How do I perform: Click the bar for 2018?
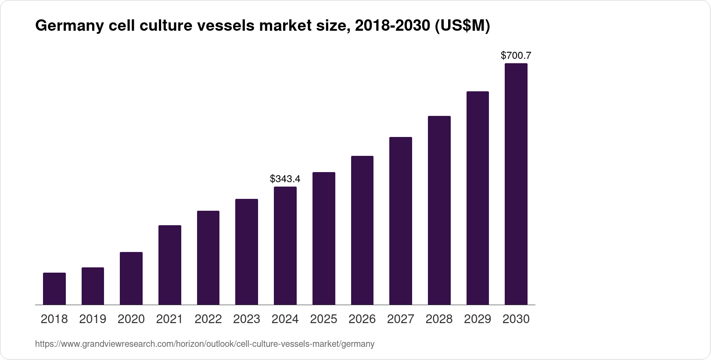coord(54,288)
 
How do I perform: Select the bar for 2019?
coord(93,286)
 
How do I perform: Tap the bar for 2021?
coord(169,265)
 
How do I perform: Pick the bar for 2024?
coord(285,245)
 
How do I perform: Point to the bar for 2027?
coord(400,221)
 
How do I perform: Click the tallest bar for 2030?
coord(516,184)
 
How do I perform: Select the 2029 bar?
coord(478,198)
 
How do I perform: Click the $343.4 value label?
coord(285,179)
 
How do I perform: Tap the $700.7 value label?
coord(516,55)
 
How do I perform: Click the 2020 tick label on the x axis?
coord(131,319)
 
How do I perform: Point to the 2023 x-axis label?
coord(246,319)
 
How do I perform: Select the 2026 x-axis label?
coord(362,319)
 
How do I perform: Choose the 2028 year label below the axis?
coord(439,319)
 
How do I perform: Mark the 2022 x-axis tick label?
coord(208,319)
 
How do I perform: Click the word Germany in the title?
coord(68,26)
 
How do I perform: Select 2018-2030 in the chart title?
coord(392,26)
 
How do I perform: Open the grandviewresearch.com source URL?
coord(205,344)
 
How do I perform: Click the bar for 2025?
coord(323,238)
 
